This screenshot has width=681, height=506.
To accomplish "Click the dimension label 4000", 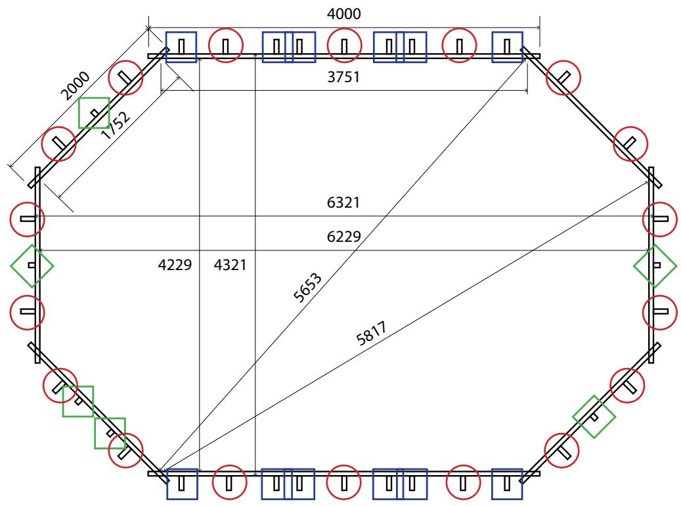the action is click(x=343, y=14).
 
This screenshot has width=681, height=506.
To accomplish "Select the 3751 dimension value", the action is click(x=343, y=77).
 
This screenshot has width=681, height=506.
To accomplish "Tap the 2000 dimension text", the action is click(x=75, y=85).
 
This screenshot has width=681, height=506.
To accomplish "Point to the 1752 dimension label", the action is click(x=116, y=126).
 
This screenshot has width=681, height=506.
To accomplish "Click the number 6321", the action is click(x=343, y=202).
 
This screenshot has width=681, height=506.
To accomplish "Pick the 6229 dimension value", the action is click(x=343, y=237).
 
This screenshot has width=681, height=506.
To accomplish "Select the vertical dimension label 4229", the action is click(x=175, y=265).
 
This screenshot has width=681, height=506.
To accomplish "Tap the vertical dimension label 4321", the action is click(x=231, y=265).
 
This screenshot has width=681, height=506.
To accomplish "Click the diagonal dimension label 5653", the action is click(x=307, y=287).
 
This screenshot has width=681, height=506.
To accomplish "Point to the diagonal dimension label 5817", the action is click(x=371, y=333).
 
